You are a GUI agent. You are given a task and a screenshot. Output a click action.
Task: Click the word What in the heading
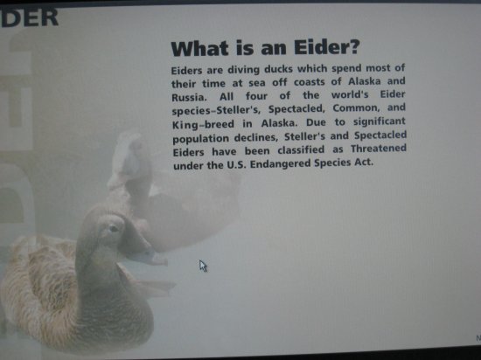199,49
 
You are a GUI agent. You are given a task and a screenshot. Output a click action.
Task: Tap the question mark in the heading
353,47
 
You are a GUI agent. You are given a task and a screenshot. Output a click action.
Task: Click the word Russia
189,98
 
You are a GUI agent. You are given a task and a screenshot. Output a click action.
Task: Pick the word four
256,96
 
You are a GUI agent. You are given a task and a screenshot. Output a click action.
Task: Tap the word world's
350,94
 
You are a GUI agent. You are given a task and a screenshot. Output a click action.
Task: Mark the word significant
380,122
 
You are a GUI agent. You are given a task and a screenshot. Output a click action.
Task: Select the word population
200,139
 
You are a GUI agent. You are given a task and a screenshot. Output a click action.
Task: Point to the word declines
256,137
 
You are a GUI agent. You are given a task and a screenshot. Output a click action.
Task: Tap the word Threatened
379,149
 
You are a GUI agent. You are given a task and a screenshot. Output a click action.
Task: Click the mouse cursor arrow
203,266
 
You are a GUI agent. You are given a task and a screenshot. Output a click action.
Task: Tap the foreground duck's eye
113,228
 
